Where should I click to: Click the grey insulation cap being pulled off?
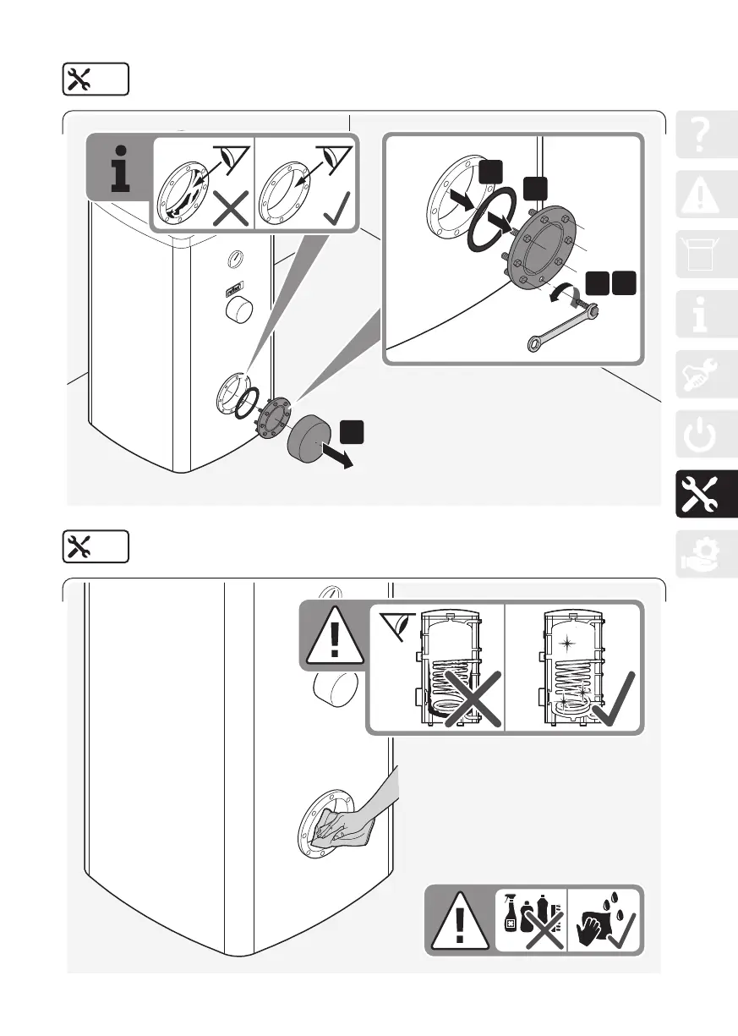pos(312,439)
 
